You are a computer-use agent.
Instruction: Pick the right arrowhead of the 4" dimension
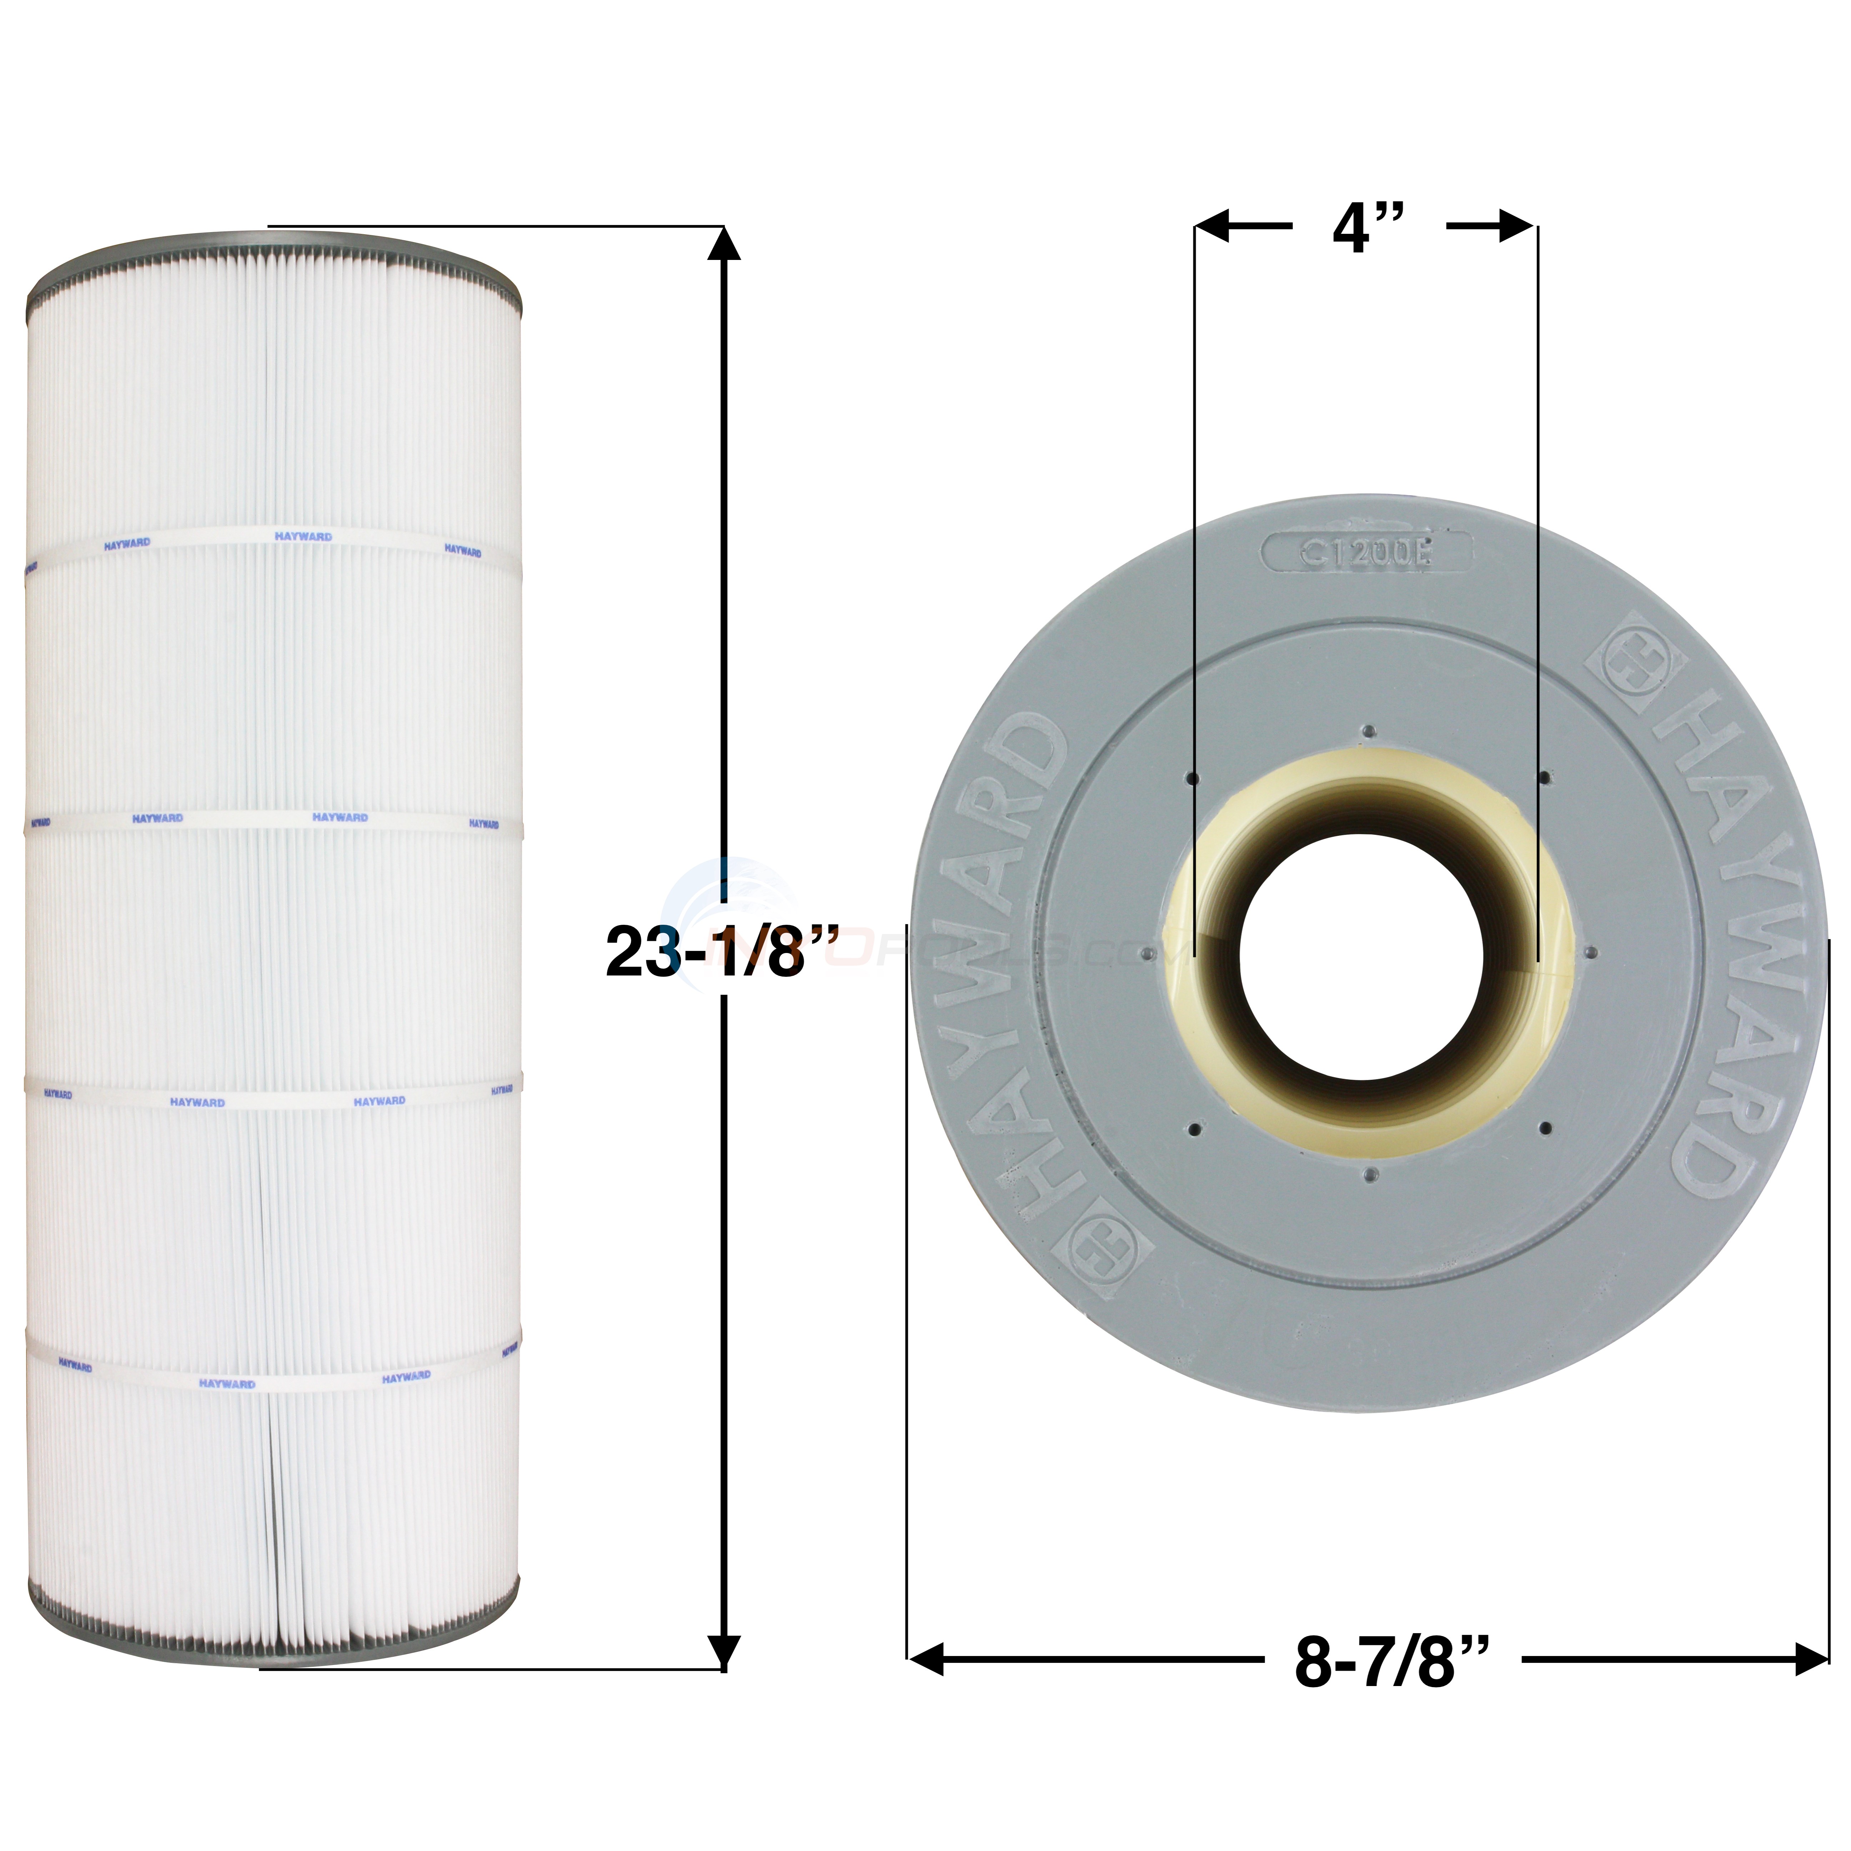1519,227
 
